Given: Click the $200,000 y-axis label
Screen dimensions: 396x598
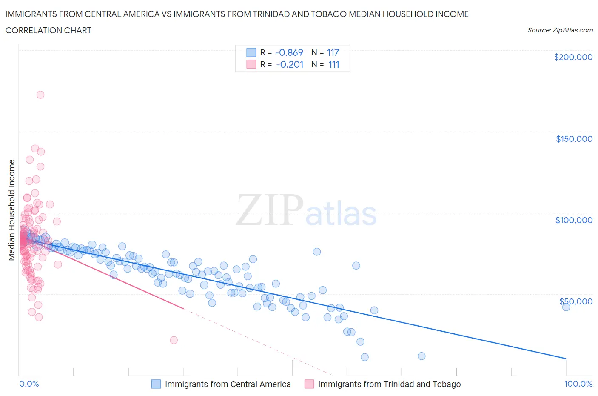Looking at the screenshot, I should click(x=573, y=57).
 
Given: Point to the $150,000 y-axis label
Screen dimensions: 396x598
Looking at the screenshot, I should click(x=574, y=139).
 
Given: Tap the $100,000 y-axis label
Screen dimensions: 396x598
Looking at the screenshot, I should click(x=574, y=220).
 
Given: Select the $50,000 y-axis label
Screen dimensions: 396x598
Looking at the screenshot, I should click(x=575, y=301).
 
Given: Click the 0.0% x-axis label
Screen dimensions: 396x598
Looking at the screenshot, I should click(x=29, y=384).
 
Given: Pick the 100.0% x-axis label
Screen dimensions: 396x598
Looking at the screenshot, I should click(x=578, y=384).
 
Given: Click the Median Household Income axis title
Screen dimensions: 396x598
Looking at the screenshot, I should click(x=12, y=210).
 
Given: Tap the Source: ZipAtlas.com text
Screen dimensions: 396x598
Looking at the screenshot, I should click(x=560, y=30).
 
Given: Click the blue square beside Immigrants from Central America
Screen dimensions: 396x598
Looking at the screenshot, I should click(x=156, y=384).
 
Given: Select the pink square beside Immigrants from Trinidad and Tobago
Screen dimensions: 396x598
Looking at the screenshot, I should click(x=309, y=384).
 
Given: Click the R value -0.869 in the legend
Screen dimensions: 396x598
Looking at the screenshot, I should click(x=289, y=52).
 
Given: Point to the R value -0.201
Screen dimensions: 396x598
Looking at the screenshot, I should click(x=289, y=64).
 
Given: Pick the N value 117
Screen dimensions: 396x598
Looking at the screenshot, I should click(x=333, y=52).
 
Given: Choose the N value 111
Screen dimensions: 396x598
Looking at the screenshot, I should click(x=333, y=64).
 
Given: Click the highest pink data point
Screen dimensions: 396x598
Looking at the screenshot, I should click(x=40, y=95).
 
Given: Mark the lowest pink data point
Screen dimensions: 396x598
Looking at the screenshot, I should click(x=174, y=340).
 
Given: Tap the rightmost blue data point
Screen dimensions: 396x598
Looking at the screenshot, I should click(x=566, y=307).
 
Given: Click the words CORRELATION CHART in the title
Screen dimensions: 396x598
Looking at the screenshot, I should click(x=48, y=30).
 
